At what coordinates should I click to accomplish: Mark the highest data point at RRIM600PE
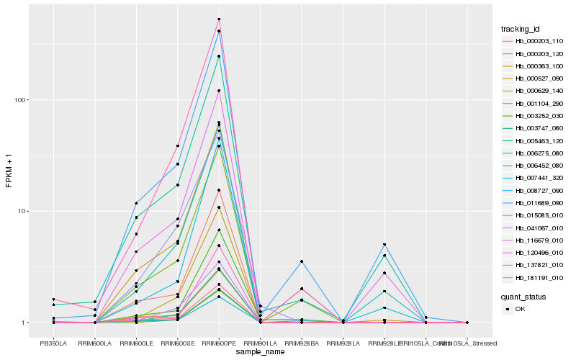pyautogui.click(x=219, y=19)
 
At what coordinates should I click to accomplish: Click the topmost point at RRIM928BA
pyautogui.click(x=302, y=261)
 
